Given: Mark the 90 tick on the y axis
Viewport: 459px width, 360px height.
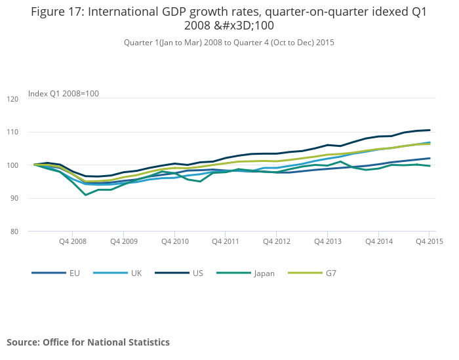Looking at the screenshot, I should (x=14, y=199).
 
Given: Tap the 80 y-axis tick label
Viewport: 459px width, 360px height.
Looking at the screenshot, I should (x=14, y=231).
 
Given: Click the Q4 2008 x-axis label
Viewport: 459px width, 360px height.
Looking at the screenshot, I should (x=72, y=241).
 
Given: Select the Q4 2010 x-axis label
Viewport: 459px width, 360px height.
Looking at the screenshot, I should (x=174, y=241).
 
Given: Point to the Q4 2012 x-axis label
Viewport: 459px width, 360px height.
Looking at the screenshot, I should (x=276, y=241).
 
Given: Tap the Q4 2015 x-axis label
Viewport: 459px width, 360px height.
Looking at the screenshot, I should (x=429, y=241).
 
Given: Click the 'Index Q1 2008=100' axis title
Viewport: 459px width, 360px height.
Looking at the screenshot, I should (x=64, y=94).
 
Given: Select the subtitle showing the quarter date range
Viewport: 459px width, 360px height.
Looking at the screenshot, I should (x=229, y=43).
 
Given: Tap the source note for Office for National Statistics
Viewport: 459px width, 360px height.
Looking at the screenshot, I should (x=88, y=342).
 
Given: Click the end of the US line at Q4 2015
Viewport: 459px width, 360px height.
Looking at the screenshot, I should (x=429, y=130).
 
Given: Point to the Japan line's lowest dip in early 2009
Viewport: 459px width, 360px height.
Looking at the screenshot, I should (x=85, y=195).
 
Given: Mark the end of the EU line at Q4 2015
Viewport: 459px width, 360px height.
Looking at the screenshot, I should (x=429, y=158).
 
